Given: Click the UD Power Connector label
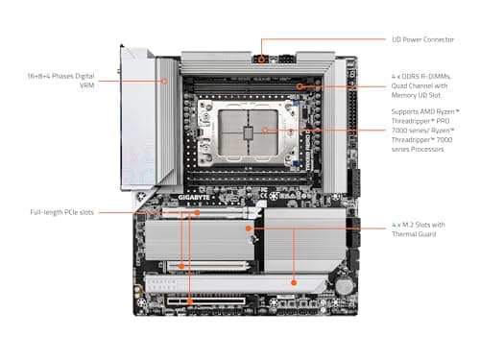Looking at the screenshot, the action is point(422,39).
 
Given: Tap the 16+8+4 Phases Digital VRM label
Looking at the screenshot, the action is point(60,81).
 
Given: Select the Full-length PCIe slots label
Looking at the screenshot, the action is point(61,212).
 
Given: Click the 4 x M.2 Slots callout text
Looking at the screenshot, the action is point(419,225).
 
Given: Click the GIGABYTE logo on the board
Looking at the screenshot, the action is point(194,198).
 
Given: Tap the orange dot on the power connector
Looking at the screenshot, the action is point(262,60).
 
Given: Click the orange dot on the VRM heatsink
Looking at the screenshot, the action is point(164,81).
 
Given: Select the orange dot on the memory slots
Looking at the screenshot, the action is point(300,86).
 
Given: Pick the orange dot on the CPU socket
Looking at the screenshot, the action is point(265,130).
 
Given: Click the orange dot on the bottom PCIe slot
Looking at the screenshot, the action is point(189,301).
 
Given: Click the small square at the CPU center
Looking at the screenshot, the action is point(248,132).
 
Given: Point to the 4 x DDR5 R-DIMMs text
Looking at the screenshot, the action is point(421,77).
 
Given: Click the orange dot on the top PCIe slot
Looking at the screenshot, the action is point(198,212).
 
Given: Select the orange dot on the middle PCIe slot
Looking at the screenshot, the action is point(181,266).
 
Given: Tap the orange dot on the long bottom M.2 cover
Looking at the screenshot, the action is point(294,282).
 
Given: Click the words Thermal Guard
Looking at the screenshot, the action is point(414,234).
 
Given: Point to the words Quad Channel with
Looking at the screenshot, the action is point(420,85).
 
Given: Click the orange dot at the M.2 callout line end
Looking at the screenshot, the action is point(249,228).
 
